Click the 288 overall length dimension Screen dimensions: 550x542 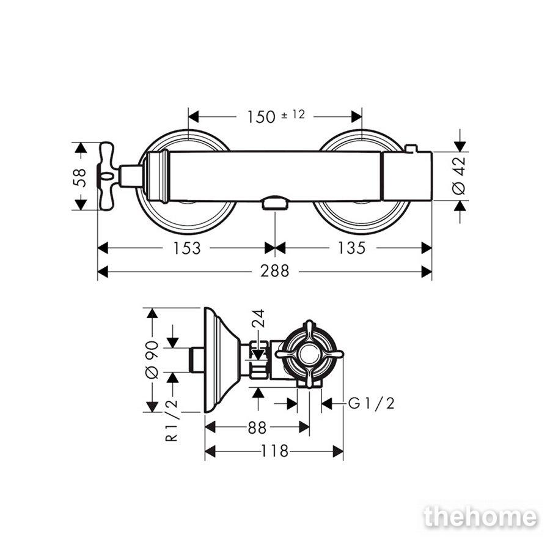coord(274,271)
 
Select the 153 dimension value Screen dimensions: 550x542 coord(187,248)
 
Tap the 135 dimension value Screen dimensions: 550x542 coord(351,248)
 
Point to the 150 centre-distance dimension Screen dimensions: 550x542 coord(262,117)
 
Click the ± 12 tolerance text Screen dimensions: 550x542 coord(293,114)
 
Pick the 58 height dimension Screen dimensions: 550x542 coord(80,177)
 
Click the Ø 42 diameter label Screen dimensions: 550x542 coord(459,176)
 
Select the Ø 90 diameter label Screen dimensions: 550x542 coord(152,360)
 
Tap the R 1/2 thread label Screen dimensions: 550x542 coord(172,420)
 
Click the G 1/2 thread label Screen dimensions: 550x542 coord(372,404)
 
